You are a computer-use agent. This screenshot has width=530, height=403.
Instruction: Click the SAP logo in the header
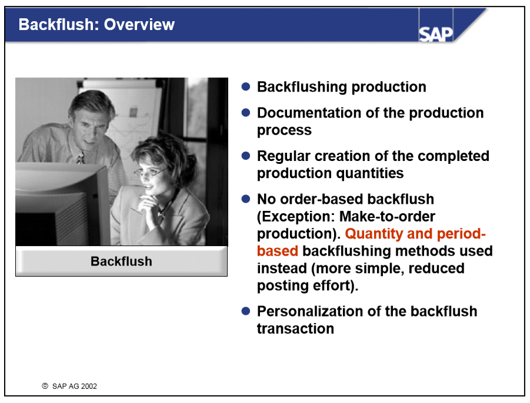coord(436,33)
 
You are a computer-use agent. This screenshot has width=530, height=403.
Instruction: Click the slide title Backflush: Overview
coord(96,25)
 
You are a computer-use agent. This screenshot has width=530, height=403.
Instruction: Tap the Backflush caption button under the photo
coord(121,261)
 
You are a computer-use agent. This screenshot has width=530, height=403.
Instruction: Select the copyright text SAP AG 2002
coord(74,386)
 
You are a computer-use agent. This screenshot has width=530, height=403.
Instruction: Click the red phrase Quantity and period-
coord(415,234)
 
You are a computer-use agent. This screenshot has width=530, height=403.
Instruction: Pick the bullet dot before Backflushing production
coord(246,86)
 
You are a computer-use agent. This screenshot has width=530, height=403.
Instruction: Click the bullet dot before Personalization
coord(246,311)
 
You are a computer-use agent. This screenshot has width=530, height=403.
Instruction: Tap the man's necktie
coord(81,157)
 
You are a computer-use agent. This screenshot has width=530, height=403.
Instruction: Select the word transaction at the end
coord(295,328)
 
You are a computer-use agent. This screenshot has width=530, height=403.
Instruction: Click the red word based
coord(277,251)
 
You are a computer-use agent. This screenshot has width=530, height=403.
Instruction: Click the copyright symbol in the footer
coord(45,386)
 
